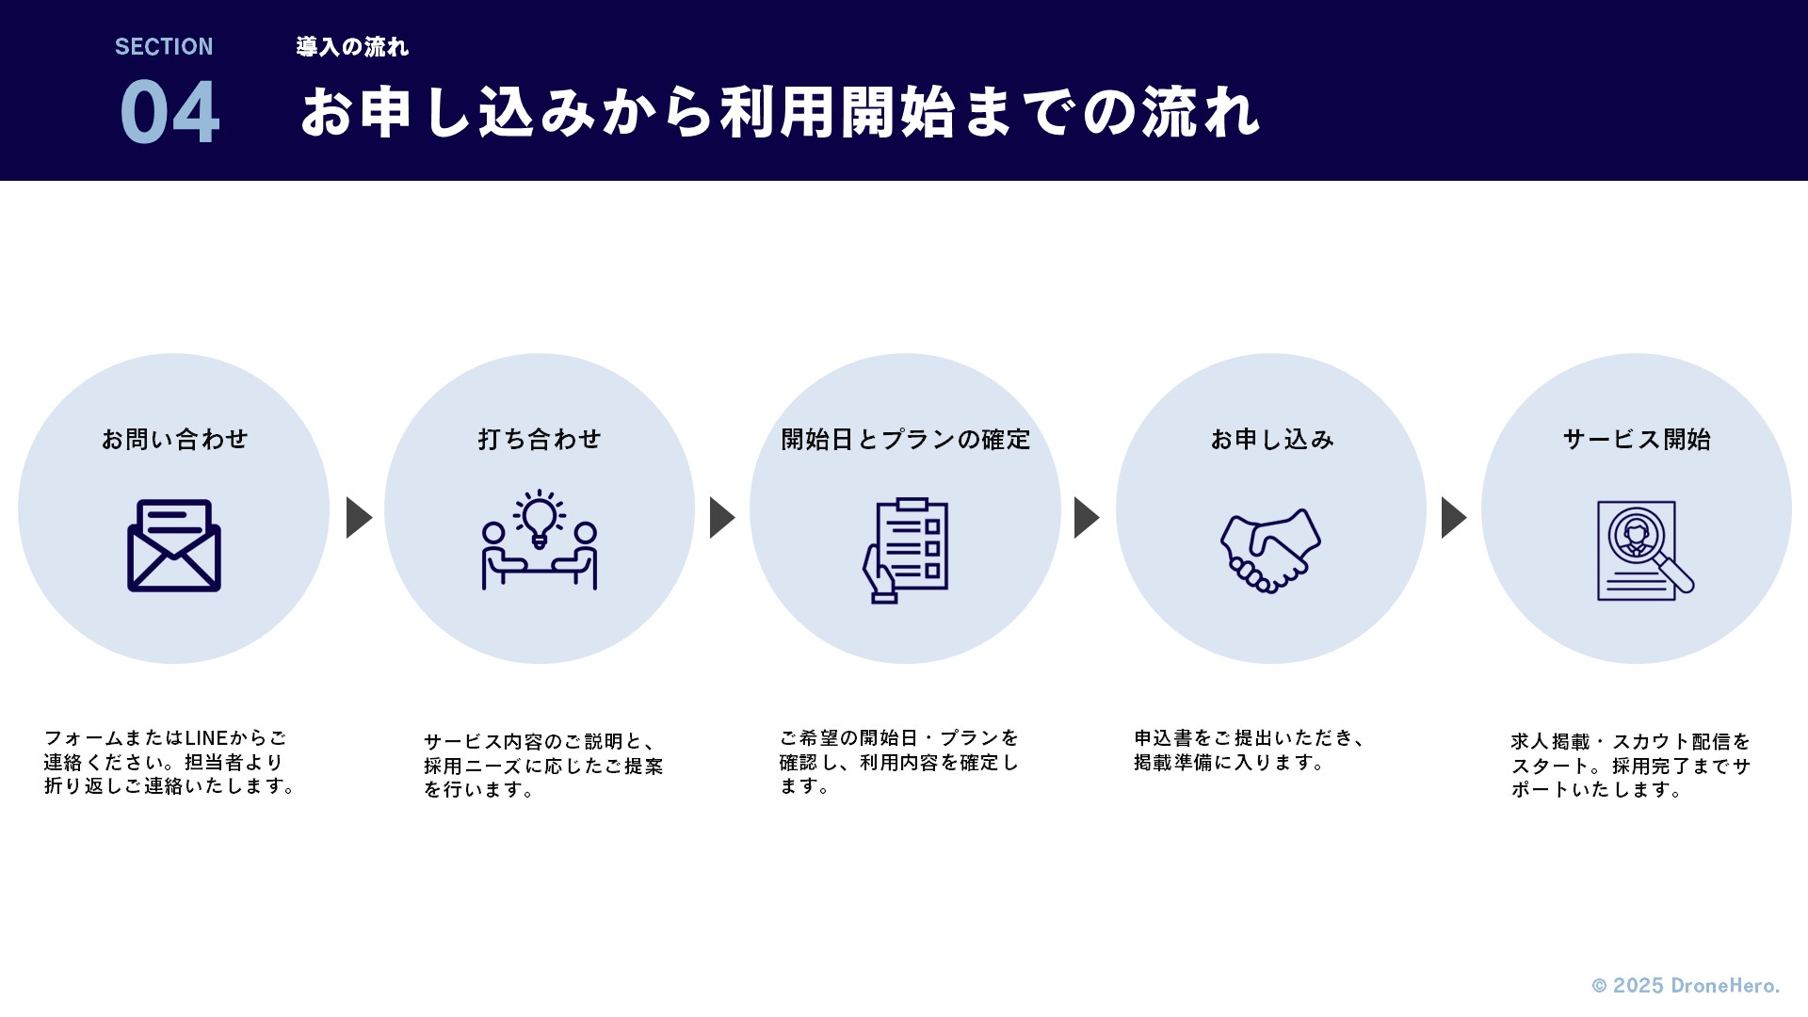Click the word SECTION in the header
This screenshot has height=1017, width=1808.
coord(164,47)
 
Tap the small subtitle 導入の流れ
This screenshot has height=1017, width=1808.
coord(352,47)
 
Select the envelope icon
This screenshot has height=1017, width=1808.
coord(174,545)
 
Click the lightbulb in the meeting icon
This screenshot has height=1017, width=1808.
coord(540,517)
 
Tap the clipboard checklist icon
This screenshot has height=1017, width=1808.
coord(906,550)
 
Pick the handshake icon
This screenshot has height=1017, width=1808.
coord(1270,551)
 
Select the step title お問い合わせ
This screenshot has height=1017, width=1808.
coord(174,440)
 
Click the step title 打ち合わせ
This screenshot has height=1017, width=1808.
coord(540,440)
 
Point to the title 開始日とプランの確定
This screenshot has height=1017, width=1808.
coord(906,440)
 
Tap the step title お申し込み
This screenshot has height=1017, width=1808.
coord(1272,440)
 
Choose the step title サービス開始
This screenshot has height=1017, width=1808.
coord(1637,440)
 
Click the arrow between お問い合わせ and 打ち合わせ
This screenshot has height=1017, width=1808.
coord(359,517)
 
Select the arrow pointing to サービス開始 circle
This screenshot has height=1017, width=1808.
coord(1453,517)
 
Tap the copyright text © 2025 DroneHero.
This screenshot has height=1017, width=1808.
coord(1686,986)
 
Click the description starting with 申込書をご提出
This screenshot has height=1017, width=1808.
coord(1250,751)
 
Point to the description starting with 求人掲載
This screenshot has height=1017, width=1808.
coord(1630,766)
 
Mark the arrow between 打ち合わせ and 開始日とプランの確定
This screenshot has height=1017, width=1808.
coord(721,517)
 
